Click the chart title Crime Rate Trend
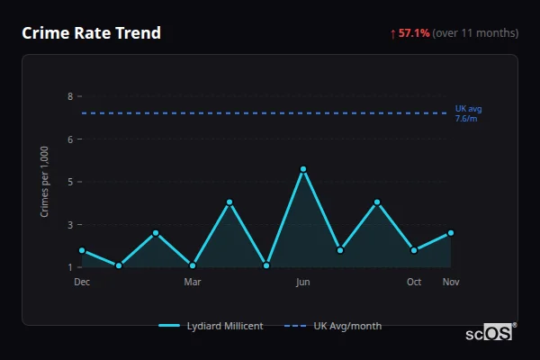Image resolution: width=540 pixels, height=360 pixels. coord(91,33)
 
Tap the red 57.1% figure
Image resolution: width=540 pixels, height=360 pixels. coord(414,33)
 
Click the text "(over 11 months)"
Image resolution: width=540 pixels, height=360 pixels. coord(475,33)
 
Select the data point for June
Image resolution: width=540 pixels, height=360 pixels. coord(303,169)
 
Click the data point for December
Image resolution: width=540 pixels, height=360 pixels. coord(82,250)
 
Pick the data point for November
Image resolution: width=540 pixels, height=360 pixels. coord(451,232)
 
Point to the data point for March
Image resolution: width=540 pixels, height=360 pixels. coord(193,265)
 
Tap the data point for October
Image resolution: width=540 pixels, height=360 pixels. coord(414,250)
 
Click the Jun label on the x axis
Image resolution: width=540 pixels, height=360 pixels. coord(303,282)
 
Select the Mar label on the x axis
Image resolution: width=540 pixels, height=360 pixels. coord(193,282)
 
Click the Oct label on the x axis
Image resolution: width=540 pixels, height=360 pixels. coord(414,282)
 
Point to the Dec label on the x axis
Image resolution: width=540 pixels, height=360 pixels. coord(82,282)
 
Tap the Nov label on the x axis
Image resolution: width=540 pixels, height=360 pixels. coord(451,282)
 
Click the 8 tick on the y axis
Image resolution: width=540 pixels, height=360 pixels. coord(69,96)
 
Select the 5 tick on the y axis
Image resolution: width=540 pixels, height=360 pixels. coord(69,182)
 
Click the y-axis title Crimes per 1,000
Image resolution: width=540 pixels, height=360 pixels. coord(45,182)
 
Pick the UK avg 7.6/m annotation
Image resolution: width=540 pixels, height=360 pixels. coord(468,113)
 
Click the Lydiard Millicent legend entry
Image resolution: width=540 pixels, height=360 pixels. coord(211,326)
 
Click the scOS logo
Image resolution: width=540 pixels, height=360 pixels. coord(490,332)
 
